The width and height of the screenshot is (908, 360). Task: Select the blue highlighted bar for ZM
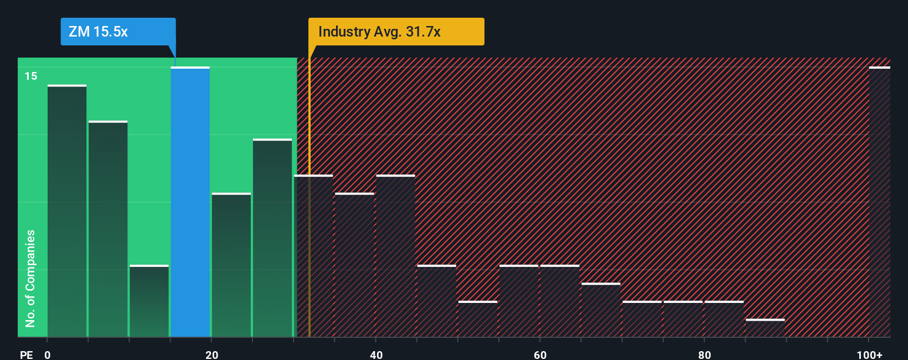click(190, 202)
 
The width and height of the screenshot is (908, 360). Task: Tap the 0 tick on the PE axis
click(48, 354)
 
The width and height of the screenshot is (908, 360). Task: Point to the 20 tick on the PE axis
click(211, 354)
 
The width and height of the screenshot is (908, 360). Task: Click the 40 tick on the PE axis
click(376, 354)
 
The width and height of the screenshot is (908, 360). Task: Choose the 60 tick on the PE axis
click(540, 354)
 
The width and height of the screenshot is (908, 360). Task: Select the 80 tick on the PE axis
click(704, 354)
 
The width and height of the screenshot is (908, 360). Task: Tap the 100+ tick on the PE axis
click(869, 354)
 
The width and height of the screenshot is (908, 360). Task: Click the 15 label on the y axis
click(31, 76)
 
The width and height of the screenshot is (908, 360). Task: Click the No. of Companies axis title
click(30, 278)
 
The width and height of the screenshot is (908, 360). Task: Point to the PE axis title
click(27, 354)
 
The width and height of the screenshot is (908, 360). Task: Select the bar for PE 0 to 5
click(67, 211)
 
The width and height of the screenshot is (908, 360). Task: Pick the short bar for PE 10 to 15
click(149, 301)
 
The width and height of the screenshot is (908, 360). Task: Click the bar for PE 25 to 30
click(272, 238)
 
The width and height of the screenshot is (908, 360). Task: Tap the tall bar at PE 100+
click(879, 202)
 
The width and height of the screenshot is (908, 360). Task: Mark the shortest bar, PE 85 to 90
click(765, 328)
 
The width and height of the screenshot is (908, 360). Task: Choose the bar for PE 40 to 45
click(395, 256)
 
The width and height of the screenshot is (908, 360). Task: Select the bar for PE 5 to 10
click(108, 229)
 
